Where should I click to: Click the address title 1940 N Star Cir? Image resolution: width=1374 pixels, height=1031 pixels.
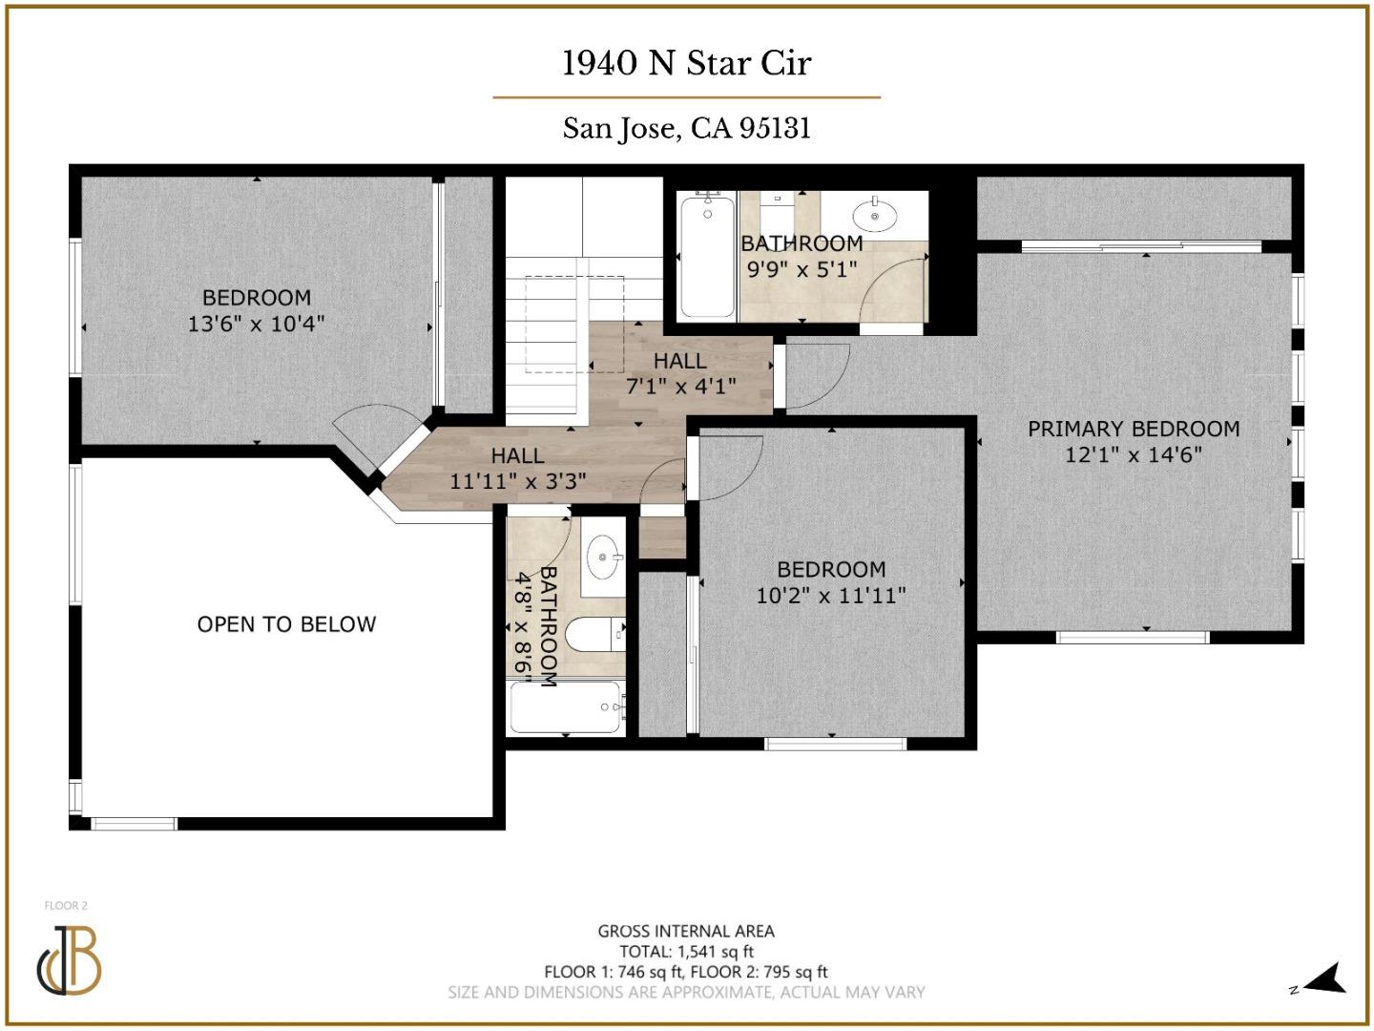tap(686, 63)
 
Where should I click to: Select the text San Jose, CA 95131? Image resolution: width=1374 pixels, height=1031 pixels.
tap(686, 128)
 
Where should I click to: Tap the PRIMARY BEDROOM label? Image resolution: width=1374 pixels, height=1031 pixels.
tap(1134, 430)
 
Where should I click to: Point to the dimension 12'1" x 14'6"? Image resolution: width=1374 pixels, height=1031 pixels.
tap(1134, 455)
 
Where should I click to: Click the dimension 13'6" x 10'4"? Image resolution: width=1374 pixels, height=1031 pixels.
tap(256, 324)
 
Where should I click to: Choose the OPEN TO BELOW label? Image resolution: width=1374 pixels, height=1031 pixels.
tap(286, 624)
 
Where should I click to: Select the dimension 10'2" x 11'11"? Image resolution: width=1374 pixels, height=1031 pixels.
tap(831, 596)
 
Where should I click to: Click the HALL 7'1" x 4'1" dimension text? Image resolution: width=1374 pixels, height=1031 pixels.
tap(680, 387)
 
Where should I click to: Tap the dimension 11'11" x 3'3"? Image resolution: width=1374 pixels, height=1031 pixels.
tap(518, 481)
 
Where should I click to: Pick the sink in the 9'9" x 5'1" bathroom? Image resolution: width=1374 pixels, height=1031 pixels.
tap(874, 213)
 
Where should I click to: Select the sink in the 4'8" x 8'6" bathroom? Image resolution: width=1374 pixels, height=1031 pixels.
tap(602, 556)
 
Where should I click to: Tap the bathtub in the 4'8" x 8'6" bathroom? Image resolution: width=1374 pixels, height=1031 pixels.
tap(567, 707)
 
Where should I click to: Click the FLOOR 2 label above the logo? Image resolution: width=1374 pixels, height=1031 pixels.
tap(66, 906)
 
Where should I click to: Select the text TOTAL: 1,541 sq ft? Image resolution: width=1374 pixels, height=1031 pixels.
tap(686, 952)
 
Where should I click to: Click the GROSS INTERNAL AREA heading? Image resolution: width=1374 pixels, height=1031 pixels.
tap(686, 931)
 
